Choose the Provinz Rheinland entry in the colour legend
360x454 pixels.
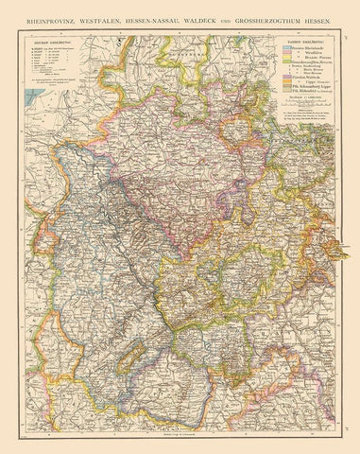(x=304, y=48)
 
